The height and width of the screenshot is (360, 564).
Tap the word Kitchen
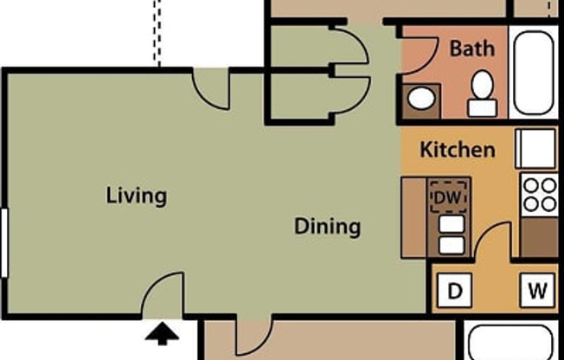[458, 150]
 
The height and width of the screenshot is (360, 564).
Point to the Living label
[136, 196]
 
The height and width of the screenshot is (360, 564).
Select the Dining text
[327, 228]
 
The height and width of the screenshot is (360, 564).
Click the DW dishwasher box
[449, 197]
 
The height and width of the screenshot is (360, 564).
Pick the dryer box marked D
[455, 291]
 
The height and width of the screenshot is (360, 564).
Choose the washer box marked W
[537, 291]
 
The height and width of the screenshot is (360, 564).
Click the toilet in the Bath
[482, 93]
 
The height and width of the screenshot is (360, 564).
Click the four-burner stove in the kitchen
[539, 195]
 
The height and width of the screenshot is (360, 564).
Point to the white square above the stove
[536, 148]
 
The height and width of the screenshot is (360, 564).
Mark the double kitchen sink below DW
[451, 235]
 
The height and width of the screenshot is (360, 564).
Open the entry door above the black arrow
[164, 294]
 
